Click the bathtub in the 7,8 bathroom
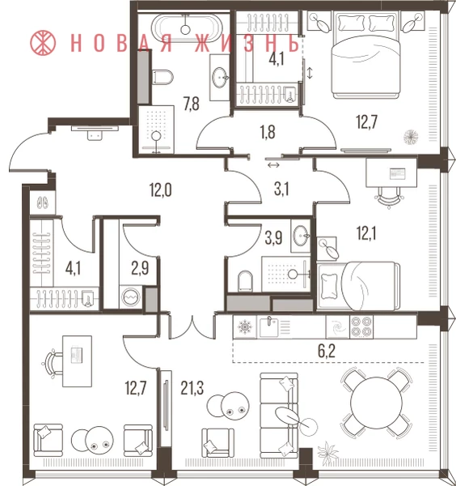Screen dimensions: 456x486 coord(187,28)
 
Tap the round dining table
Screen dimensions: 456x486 coord(376,403)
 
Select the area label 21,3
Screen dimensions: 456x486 coord(192,388)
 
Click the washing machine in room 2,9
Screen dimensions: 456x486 coord(131,297)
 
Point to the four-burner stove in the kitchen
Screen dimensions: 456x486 coord(361,326)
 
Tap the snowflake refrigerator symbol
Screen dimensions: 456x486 coord(245,327)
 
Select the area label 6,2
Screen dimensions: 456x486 coord(327,352)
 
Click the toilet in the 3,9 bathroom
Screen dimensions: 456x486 coord(245,281)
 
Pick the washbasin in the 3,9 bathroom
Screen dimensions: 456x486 coord(301,236)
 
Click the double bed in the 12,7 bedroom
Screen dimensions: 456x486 coord(365,55)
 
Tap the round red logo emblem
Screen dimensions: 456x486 coord(43,43)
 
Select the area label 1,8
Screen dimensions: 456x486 coord(268,132)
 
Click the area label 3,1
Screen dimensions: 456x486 coord(281,190)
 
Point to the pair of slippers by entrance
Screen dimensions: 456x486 coord(43,202)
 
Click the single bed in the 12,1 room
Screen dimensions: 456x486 coord(358,286)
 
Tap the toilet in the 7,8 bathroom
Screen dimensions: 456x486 coord(163,77)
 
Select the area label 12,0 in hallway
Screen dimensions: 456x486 coord(161,190)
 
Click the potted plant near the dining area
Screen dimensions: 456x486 coord(328,453)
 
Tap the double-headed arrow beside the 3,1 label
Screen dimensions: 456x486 coord(274,165)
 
